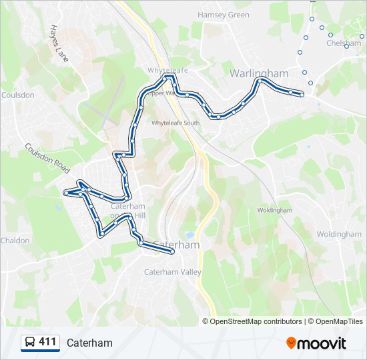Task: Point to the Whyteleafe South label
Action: coord(175,123)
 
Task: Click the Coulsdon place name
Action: coord(18,95)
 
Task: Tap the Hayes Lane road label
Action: coord(59,44)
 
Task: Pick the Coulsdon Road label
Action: coord(47,158)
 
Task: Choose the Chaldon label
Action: coord(15,241)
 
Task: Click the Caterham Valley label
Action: coord(168,272)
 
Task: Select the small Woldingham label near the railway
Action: coord(275,211)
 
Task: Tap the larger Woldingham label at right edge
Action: coord(338,235)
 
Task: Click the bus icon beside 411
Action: coord(30,343)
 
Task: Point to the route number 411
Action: coord(47,343)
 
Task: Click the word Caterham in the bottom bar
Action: coord(89,343)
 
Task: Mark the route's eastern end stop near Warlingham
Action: coord(302,95)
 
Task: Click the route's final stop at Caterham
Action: coord(172,251)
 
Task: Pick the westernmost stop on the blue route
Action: coord(65,193)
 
